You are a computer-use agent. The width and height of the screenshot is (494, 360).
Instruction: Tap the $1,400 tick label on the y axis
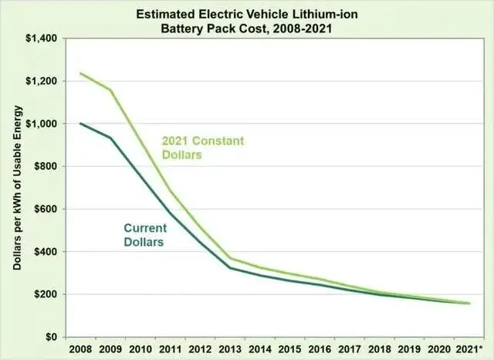coord(41,39)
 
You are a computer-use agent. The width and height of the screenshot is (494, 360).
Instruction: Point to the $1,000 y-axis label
coord(41,124)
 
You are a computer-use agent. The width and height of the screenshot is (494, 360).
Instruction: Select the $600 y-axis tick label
coord(46,209)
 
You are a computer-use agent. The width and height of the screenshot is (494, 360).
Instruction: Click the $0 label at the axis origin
coord(52,337)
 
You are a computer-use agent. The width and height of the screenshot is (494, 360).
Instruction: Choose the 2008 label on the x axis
coord(80,349)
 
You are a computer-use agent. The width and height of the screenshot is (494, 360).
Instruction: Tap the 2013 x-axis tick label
coord(230,349)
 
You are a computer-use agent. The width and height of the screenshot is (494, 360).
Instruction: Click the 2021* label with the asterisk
coord(469,349)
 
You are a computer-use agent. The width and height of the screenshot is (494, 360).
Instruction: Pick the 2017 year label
coord(350,349)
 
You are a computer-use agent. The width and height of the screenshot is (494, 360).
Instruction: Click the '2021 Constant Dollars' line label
coord(203,148)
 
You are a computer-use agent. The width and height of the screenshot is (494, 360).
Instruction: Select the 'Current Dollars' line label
coord(145,235)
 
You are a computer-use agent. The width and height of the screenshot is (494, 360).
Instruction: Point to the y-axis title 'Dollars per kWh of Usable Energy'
coord(17,188)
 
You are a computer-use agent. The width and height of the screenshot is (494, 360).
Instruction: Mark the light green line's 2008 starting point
coord(80,73)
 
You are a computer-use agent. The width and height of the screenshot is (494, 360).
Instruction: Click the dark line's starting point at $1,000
coord(80,124)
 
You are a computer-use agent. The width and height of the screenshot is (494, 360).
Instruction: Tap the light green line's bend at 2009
coord(110,90)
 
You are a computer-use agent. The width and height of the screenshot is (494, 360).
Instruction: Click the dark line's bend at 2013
coord(230,268)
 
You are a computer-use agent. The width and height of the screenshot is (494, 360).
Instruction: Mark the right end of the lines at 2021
coord(469,304)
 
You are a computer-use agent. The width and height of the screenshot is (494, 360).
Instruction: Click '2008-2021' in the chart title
coord(303,29)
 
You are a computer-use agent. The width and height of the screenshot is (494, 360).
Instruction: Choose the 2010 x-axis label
coord(140,349)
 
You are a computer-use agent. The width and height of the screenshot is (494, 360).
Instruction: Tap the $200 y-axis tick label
coord(46,294)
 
